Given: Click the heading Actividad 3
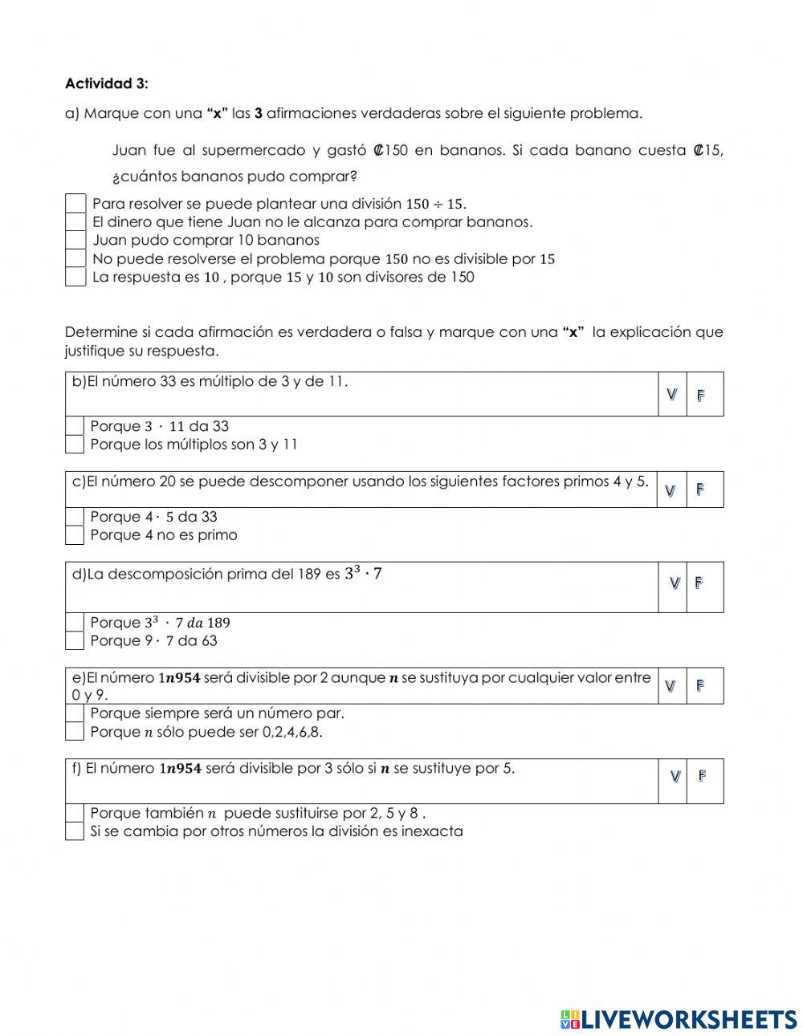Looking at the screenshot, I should [106, 83].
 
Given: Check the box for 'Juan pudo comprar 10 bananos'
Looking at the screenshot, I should [75, 240].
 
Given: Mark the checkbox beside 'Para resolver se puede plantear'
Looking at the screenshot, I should [75, 203].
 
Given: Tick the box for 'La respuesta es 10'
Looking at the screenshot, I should [75, 277].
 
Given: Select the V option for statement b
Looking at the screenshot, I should [672, 394].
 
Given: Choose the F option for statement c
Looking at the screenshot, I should [700, 490].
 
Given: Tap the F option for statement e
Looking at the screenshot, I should [700, 685].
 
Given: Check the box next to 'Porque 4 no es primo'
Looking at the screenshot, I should [75, 535].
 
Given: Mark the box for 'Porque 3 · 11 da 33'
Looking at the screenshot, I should [75, 426].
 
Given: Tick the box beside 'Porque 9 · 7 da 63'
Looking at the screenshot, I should [75, 640].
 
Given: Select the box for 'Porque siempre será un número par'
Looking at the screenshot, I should [75, 713].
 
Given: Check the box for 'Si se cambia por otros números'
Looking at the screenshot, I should [75, 831].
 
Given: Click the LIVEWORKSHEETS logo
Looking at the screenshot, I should [679, 1019].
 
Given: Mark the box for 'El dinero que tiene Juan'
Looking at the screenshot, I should [75, 221].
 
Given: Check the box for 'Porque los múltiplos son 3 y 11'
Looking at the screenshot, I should [75, 445].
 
